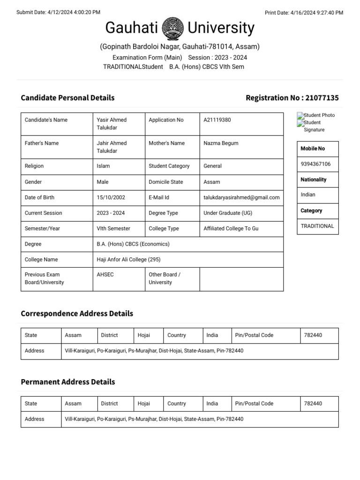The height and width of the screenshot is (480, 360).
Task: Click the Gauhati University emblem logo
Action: click(173, 29)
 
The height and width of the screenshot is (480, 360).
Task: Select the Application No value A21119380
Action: click(217, 120)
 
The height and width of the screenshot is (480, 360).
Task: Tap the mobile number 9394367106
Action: click(315, 164)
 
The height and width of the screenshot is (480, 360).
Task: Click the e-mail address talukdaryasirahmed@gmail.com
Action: click(241, 197)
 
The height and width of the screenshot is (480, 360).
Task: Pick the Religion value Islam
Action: click(103, 166)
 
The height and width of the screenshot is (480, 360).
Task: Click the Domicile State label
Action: click(165, 182)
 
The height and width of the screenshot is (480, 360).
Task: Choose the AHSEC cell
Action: click(105, 275)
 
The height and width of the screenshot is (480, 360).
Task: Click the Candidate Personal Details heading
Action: click(67, 98)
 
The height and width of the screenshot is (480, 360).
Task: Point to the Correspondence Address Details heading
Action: click(77, 314)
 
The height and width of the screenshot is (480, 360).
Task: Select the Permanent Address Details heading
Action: click(67, 382)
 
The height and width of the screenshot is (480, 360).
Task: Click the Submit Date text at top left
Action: click(58, 13)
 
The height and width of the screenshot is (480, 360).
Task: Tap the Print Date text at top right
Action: click(304, 13)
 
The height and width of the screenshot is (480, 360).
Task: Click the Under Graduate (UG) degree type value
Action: click(228, 213)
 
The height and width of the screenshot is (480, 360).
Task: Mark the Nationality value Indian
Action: click(308, 195)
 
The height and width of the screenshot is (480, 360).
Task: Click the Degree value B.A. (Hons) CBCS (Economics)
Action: click(133, 244)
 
